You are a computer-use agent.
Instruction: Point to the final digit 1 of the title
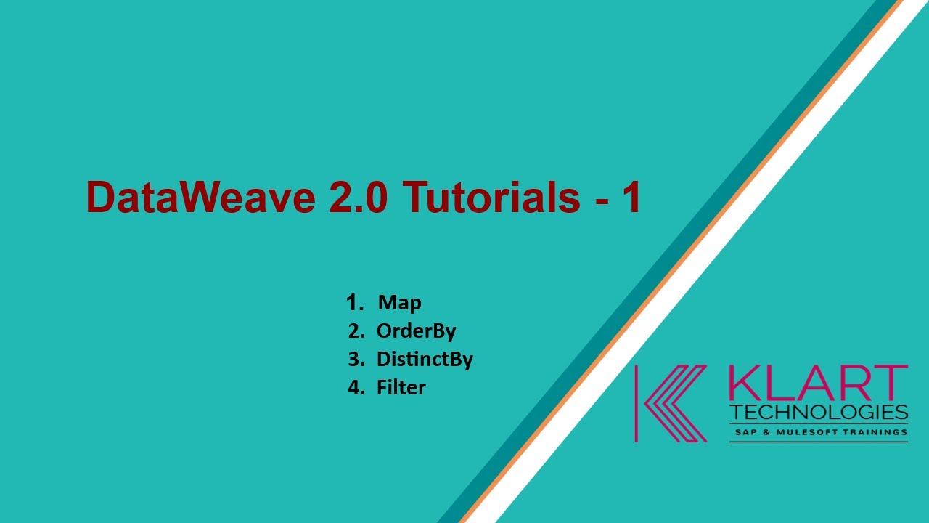click(630, 197)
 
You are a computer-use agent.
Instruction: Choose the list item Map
click(399, 302)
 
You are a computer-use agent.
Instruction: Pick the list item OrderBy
click(416, 331)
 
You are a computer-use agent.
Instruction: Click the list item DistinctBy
click(425, 359)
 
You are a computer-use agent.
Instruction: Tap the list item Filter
click(401, 387)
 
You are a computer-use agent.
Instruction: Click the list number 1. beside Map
click(355, 302)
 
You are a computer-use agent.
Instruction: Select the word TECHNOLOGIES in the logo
click(818, 413)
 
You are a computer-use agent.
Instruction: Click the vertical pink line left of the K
click(637, 403)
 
